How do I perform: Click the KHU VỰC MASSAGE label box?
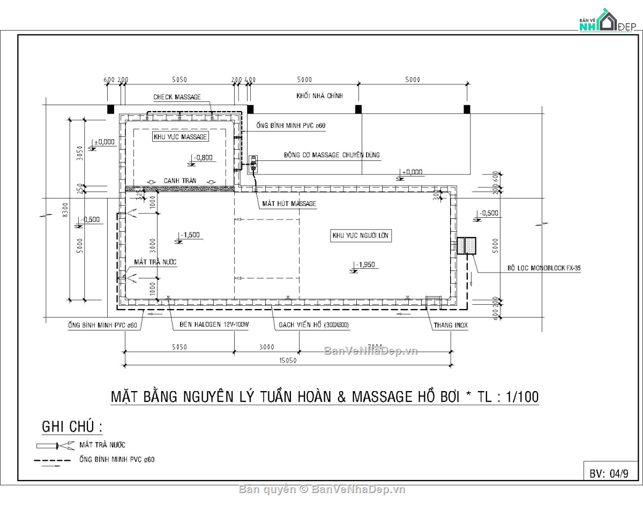click(180, 137)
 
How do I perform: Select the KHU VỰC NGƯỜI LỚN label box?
click(361, 236)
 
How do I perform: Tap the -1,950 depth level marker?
click(364, 264)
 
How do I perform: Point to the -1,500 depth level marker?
click(190, 235)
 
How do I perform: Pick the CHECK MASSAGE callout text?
click(177, 97)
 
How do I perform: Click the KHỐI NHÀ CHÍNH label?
click(319, 96)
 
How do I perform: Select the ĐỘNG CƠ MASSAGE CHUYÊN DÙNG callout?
click(332, 155)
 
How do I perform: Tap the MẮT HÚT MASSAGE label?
click(289, 204)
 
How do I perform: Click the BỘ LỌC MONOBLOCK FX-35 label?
click(544, 267)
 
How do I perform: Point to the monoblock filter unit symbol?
click(466, 245)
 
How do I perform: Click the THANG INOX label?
click(451, 325)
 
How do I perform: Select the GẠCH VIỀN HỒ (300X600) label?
click(314, 325)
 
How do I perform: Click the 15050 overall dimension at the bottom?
click(286, 360)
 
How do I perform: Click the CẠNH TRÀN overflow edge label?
click(180, 181)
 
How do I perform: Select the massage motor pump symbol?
click(253, 164)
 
